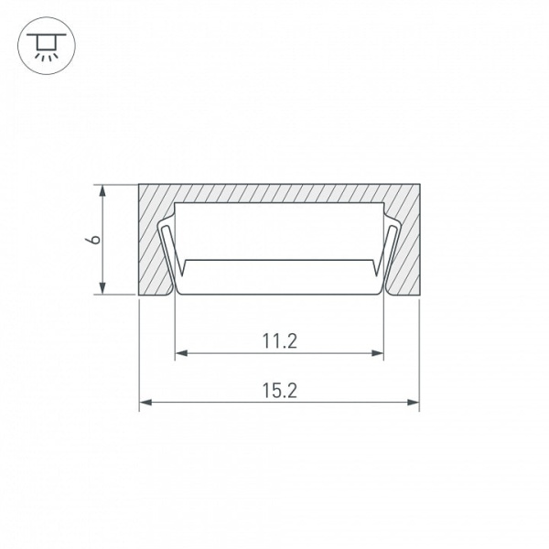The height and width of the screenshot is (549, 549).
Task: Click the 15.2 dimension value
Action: click(279, 391)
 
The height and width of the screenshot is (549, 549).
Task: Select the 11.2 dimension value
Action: click(279, 341)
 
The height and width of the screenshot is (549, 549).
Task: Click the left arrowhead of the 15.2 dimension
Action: click(145, 403)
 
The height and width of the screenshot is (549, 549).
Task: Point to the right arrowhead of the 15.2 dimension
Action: click(414, 403)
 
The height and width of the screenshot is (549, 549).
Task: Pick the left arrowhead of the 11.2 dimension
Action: click(181, 353)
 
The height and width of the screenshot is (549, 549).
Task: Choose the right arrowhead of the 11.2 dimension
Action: click(377, 353)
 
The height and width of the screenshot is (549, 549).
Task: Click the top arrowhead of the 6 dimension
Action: click(102, 191)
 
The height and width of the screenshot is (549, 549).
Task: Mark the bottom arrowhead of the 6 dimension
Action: click(102, 288)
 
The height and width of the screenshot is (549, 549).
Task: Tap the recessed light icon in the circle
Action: click(47, 47)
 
